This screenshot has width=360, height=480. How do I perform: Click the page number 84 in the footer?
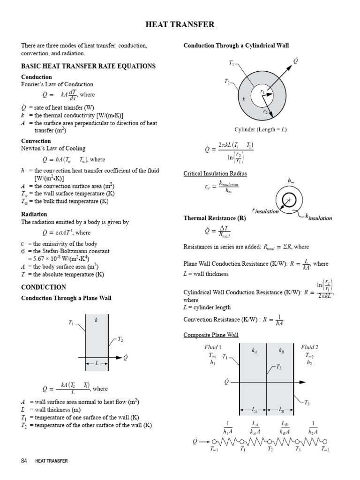click(24, 461)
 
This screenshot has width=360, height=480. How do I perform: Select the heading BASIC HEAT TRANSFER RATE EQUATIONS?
click(88, 66)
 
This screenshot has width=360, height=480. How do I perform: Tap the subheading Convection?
click(36, 141)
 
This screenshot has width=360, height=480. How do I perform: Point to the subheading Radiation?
click(34, 214)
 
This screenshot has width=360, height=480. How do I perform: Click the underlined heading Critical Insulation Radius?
click(215, 173)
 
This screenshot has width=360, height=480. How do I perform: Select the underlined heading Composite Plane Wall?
click(211, 335)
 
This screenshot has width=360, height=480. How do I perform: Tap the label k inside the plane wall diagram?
click(97, 320)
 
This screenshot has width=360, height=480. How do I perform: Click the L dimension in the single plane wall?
click(97, 363)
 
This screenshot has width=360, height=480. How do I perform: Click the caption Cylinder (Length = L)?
click(261, 129)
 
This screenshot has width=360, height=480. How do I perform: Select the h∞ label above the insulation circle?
click(291, 180)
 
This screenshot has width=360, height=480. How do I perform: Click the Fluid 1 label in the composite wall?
click(213, 347)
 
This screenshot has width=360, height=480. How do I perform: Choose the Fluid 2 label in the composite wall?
click(309, 347)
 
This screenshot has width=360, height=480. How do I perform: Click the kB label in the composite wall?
click(281, 350)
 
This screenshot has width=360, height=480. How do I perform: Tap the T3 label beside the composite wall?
click(307, 402)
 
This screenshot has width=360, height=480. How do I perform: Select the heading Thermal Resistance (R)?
click(215, 218)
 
